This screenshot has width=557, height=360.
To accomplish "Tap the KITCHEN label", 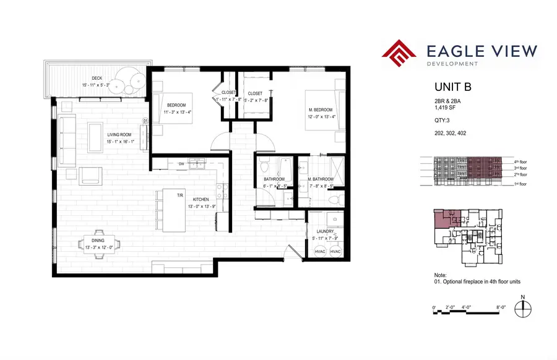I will point(201,199).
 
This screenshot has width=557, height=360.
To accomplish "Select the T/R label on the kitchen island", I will point(181,195).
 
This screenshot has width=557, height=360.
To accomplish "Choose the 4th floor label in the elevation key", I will point(520,161).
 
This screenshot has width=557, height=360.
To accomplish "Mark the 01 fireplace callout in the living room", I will point(145,121).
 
